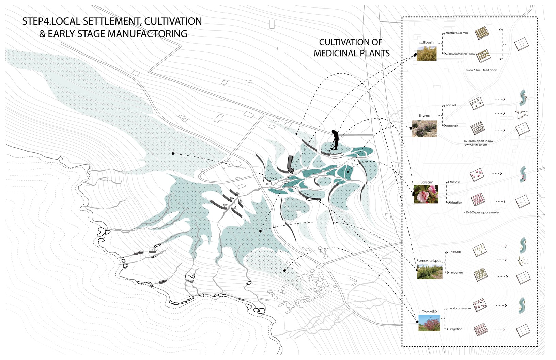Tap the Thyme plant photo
coord(424,129)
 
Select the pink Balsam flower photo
coord(426,194)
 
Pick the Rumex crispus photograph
coord(429,272)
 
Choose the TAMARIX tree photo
coord(429,323)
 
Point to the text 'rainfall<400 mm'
coord(457,33)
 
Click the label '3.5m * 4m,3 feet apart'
coord(481,70)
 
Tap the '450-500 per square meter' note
coord(481,213)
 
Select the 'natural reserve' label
coord(461,308)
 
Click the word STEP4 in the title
coord(36,21)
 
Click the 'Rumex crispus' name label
coord(429,261)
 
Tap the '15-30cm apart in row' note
coord(478,141)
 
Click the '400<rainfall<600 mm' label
coord(460,54)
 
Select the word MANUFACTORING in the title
coord(147,34)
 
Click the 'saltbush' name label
coord(427,43)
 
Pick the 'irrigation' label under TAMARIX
coord(456,329)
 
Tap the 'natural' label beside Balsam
coord(455,182)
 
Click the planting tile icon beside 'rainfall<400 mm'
coord(482,33)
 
